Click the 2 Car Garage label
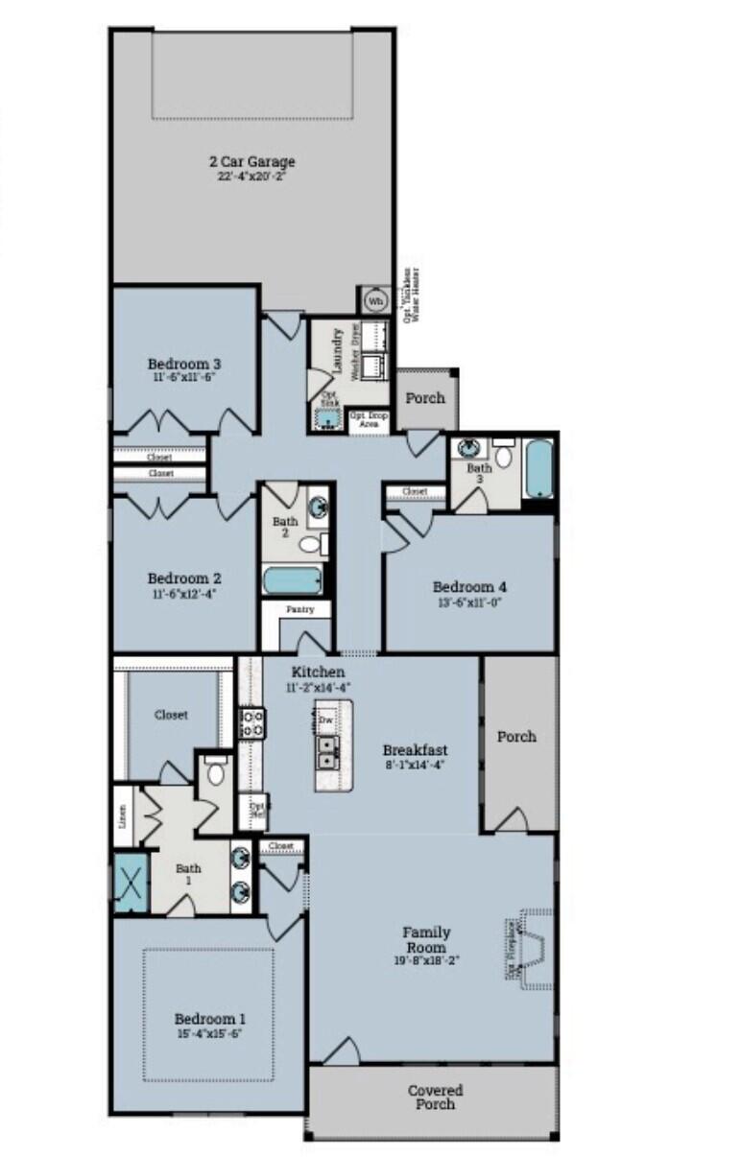pyautogui.click(x=253, y=162)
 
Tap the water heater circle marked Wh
pyautogui.click(x=374, y=300)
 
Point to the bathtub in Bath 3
pyautogui.click(x=539, y=468)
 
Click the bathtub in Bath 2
pyautogui.click(x=292, y=580)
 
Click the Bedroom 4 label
pyautogui.click(x=469, y=587)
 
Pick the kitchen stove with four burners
pyautogui.click(x=251, y=722)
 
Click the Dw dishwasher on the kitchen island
pyautogui.click(x=326, y=718)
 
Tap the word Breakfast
pyautogui.click(x=415, y=749)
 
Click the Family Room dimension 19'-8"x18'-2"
pyautogui.click(x=426, y=960)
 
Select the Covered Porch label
pyautogui.click(x=435, y=1097)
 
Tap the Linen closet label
pyautogui.click(x=122, y=817)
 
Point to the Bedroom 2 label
pyautogui.click(x=185, y=578)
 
